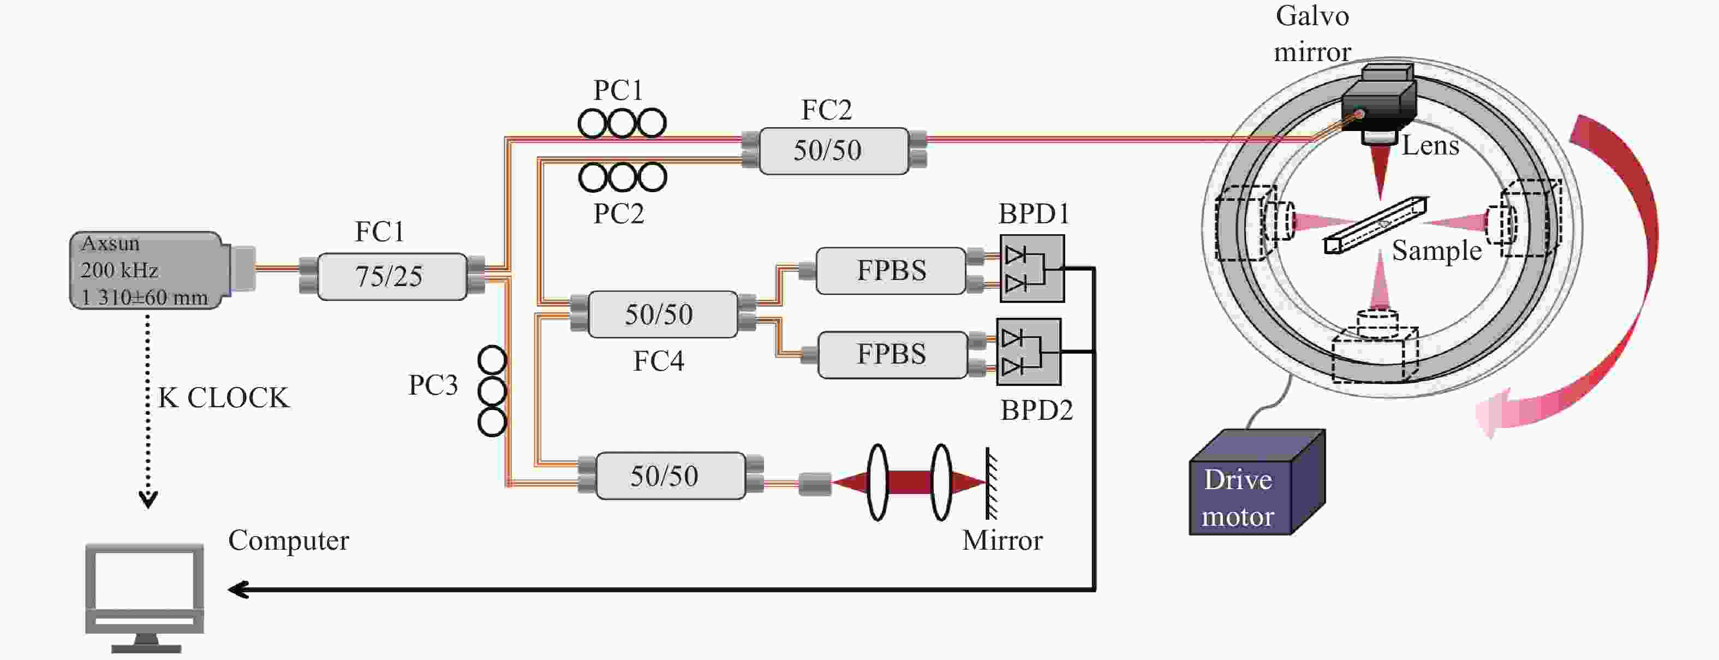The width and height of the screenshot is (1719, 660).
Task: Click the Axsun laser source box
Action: (x=147, y=270)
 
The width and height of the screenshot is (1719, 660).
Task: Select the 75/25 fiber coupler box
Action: (x=392, y=276)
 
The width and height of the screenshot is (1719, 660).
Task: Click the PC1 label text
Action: (x=618, y=90)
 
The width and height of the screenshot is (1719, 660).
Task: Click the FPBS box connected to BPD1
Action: (x=891, y=271)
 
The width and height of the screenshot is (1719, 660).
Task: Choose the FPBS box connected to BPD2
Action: (x=892, y=354)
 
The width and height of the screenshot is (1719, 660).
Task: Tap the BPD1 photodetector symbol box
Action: (x=1031, y=268)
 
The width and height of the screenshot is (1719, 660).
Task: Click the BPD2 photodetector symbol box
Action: (x=1028, y=352)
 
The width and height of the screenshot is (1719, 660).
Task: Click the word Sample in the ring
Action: (x=1436, y=251)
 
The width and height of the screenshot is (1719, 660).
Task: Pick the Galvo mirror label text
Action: (x=1312, y=33)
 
